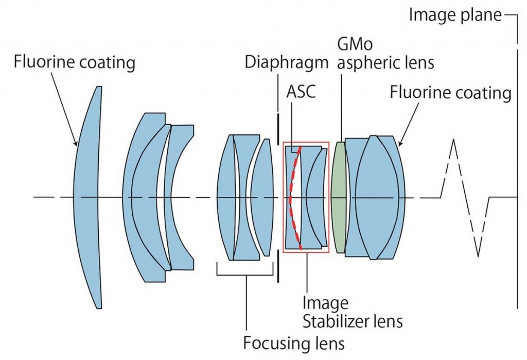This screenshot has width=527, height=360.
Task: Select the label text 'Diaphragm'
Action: [286, 62]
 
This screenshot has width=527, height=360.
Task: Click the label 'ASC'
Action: [301, 91]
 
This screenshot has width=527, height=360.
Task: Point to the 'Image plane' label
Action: [455, 15]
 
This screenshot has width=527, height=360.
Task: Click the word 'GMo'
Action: [355, 44]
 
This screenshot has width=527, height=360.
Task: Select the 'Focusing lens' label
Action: [294, 343]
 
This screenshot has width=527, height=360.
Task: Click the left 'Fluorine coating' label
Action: [74, 62]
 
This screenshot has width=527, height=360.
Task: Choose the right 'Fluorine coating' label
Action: [450, 92]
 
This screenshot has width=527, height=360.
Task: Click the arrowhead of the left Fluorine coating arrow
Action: [76, 143]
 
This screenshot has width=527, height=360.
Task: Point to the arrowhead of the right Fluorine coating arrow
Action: [400, 143]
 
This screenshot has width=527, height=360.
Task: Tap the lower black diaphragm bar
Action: [278, 266]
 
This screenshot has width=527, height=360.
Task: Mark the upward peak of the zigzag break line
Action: [454, 139]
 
